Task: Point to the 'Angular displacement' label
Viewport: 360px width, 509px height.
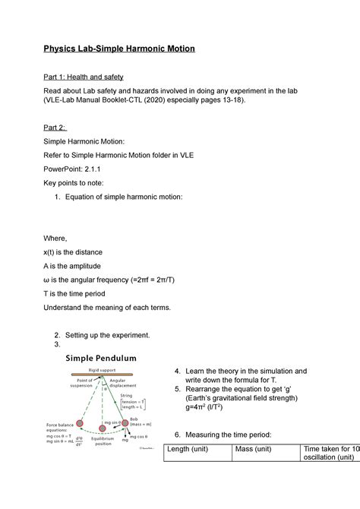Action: pyautogui.click(x=122, y=384)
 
